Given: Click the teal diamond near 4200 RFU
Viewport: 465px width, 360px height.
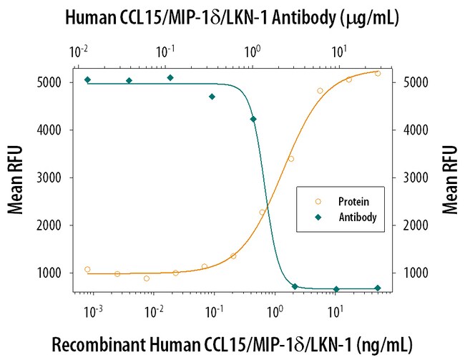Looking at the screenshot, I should click(253, 120).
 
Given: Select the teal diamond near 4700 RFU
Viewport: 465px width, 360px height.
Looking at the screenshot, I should click(212, 97).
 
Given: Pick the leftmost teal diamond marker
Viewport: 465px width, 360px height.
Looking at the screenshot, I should click(87, 79).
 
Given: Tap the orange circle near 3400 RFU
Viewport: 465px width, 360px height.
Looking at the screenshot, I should click(291, 159).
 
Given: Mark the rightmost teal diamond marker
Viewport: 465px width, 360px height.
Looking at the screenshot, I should click(378, 288).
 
